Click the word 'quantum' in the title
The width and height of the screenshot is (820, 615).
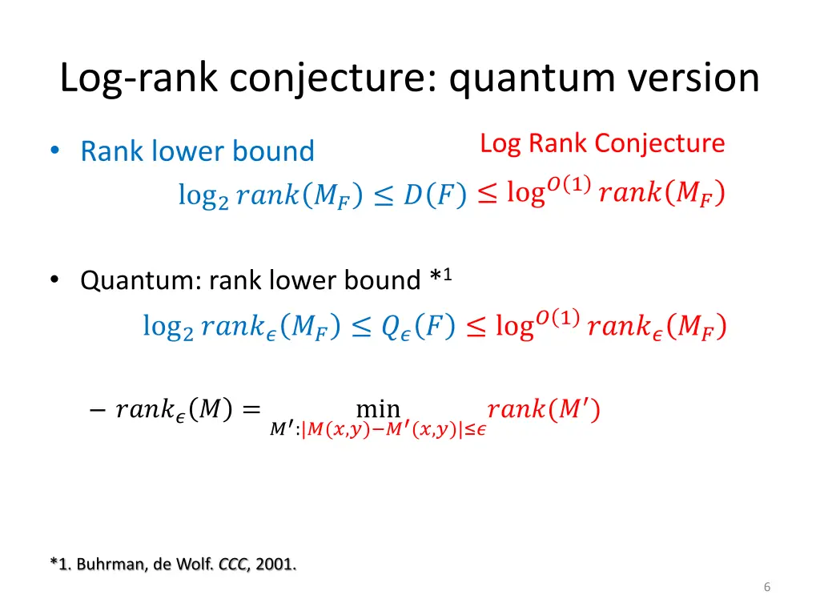(x=516, y=78)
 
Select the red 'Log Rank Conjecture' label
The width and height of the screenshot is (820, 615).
(x=602, y=143)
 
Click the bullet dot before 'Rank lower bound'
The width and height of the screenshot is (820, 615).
(x=54, y=151)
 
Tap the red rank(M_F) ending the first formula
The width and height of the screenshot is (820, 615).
(x=661, y=195)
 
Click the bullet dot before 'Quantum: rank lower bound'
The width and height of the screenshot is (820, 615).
(x=54, y=279)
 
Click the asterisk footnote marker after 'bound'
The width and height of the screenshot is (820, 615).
(x=437, y=279)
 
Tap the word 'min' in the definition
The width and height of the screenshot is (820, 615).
(x=378, y=409)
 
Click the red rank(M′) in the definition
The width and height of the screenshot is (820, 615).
(x=544, y=410)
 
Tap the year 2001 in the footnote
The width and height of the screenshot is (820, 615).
(x=276, y=565)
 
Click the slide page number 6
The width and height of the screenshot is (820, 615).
(x=766, y=588)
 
